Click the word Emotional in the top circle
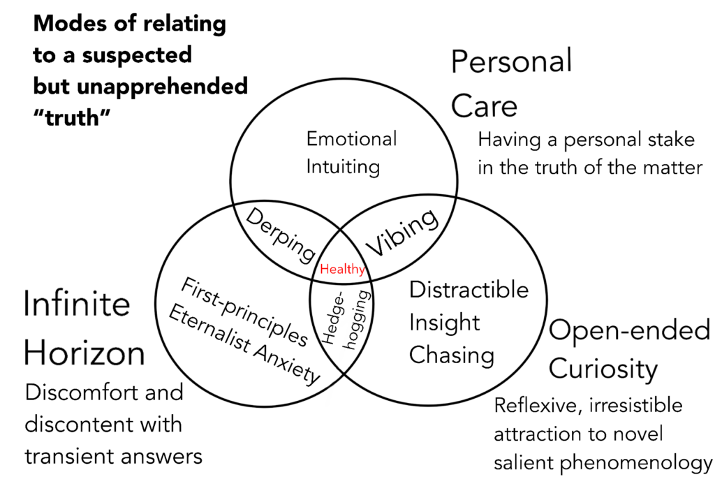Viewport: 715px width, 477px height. click(x=351, y=138)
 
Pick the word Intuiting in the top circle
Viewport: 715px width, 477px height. click(x=343, y=167)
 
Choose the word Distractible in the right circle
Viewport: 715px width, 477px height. click(x=469, y=289)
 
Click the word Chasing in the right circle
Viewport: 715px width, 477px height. click(x=451, y=355)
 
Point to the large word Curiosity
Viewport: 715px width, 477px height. click(x=603, y=368)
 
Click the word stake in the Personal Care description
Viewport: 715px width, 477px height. click(x=666, y=140)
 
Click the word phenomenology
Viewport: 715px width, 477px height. click(x=642, y=462)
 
